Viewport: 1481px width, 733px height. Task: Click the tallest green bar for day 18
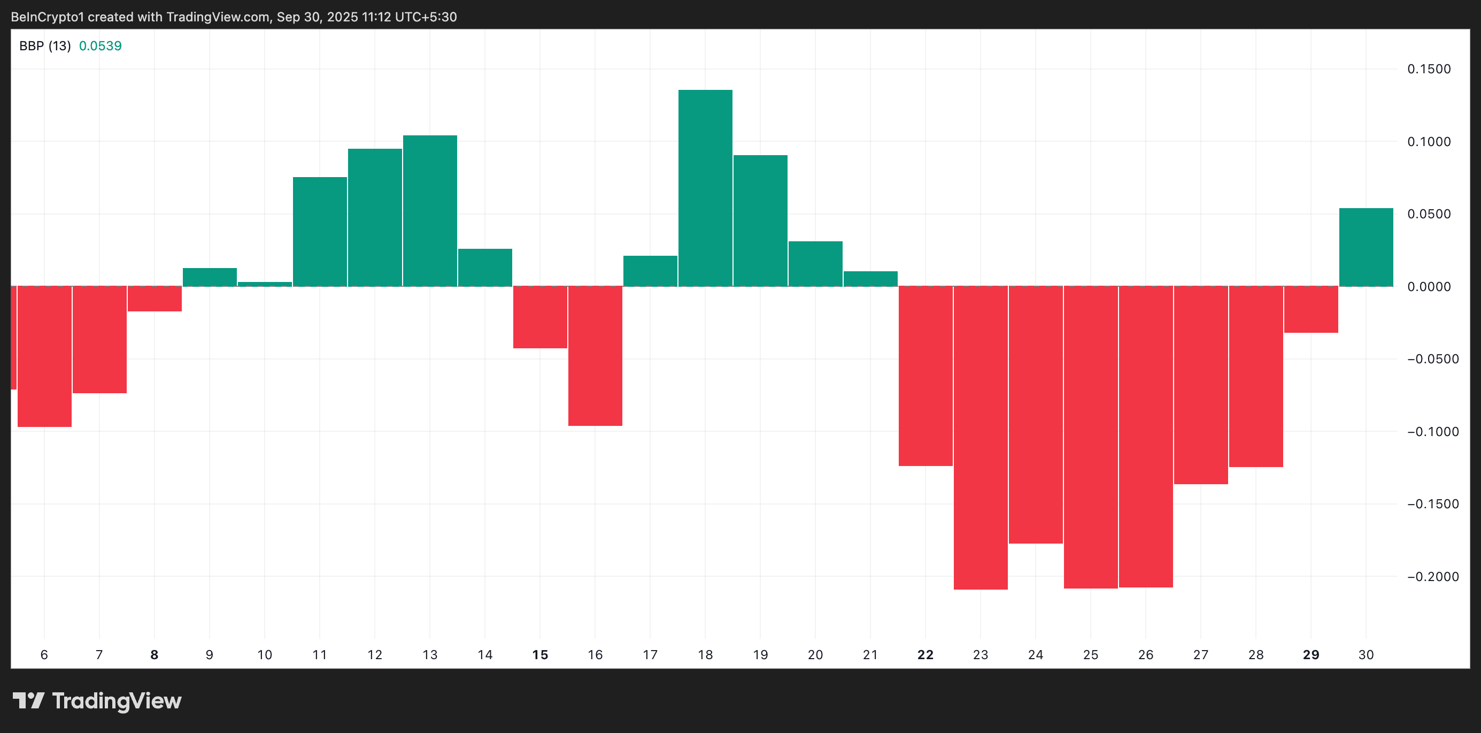coord(705,188)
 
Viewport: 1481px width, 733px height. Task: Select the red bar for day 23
coord(980,437)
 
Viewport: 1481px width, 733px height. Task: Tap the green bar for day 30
coord(1366,247)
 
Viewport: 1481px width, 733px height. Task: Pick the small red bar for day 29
coord(1311,309)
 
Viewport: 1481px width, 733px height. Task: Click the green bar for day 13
coord(429,211)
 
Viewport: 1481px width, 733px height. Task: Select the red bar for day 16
coord(595,356)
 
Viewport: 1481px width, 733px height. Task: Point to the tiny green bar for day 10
coord(265,284)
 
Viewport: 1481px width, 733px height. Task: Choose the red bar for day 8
coord(154,299)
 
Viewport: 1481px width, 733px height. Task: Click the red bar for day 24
coord(1036,414)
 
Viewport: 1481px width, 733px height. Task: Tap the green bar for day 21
coord(870,278)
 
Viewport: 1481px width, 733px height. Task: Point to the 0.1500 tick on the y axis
coord(1429,69)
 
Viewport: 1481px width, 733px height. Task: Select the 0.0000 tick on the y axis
coord(1429,287)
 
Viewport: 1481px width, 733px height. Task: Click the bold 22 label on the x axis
coord(925,655)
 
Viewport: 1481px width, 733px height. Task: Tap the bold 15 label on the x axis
coord(540,655)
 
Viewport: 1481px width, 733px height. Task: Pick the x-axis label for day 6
coord(44,655)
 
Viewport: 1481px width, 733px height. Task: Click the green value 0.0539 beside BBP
coord(100,46)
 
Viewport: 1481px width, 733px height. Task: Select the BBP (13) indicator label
coord(45,46)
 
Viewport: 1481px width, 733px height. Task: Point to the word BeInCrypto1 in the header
coord(47,17)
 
